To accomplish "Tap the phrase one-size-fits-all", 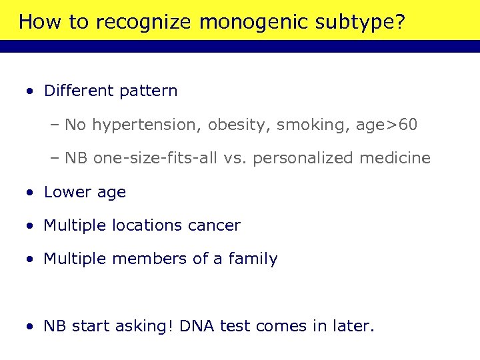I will coord(155,159).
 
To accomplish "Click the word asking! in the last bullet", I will coord(142,327).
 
